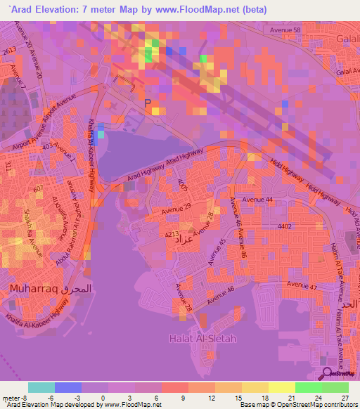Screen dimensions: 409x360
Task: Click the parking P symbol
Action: pyautogui.click(x=148, y=103)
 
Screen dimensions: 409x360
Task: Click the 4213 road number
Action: pyautogui.click(x=172, y=233)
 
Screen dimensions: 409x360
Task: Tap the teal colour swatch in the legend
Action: pyautogui.click(x=41, y=387)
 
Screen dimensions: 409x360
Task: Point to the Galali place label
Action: pyautogui.click(x=349, y=39)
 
